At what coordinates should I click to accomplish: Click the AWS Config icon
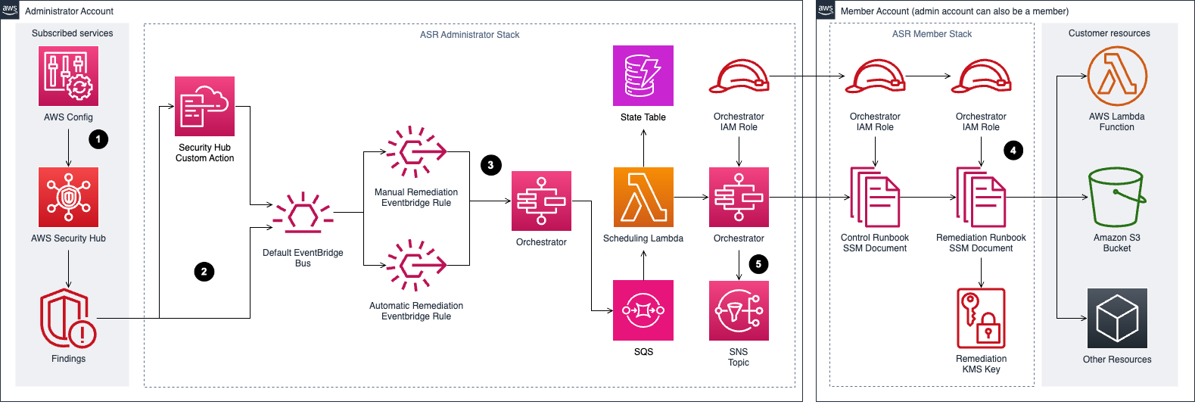[68, 76]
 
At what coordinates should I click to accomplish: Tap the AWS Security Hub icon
[68, 197]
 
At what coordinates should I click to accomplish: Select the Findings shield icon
[67, 318]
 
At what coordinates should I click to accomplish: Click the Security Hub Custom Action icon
[204, 107]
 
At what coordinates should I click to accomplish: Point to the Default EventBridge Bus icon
[303, 214]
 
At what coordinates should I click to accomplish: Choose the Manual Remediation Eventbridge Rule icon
[416, 152]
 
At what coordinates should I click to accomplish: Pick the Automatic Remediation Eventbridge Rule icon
[416, 266]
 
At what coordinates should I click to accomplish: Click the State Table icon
[643, 76]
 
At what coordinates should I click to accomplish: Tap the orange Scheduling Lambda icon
[643, 197]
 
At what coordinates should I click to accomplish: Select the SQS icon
[643, 310]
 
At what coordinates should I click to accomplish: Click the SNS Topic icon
[739, 310]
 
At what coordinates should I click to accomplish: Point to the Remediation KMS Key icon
[981, 318]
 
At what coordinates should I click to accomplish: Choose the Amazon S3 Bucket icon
[1116, 198]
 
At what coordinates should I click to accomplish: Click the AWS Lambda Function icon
[1116, 76]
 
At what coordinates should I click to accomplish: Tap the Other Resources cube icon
[1116, 318]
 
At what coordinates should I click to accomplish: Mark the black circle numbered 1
[98, 139]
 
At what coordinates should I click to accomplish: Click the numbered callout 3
[490, 165]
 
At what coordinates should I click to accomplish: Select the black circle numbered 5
[758, 264]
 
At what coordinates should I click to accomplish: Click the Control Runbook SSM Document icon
[875, 198]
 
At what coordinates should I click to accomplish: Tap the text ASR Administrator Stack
[469, 35]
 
